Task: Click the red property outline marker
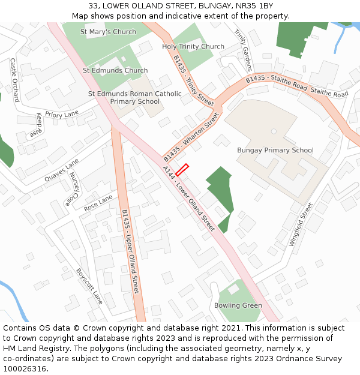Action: (x=182, y=170)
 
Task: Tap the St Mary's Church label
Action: (x=108, y=32)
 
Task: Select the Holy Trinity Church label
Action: (x=193, y=46)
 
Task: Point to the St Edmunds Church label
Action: (x=115, y=70)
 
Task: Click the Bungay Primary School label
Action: (x=275, y=150)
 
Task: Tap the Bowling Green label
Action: (x=238, y=305)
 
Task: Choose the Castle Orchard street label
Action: (x=15, y=80)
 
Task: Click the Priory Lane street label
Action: (x=62, y=114)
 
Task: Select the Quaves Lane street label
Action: (x=62, y=170)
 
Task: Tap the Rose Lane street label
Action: (x=98, y=202)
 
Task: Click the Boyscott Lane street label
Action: (x=89, y=286)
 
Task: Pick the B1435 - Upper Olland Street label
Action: (x=130, y=251)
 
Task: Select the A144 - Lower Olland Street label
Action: (x=189, y=199)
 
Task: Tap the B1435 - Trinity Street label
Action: (x=193, y=81)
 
